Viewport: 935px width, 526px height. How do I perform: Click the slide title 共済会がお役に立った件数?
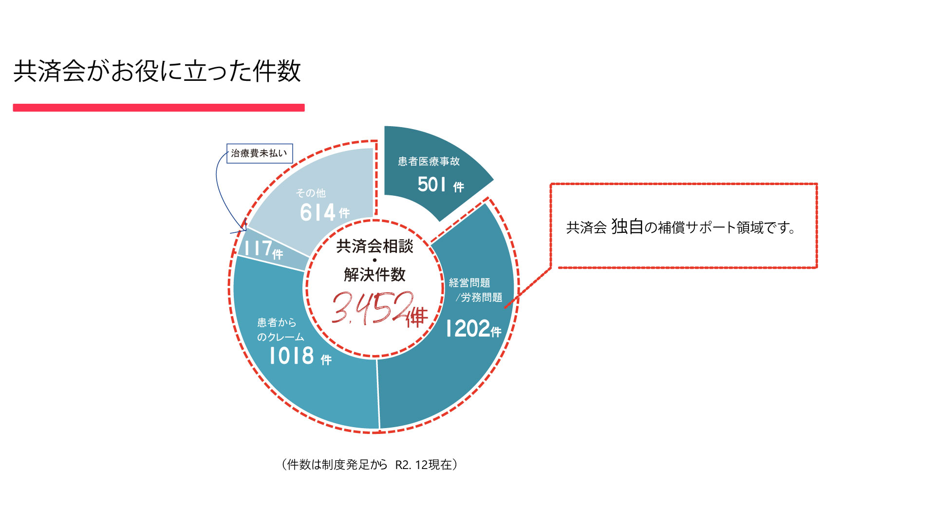pyautogui.click(x=157, y=71)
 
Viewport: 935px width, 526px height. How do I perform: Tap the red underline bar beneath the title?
pyautogui.click(x=159, y=108)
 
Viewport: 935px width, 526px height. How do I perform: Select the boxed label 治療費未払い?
pyautogui.click(x=260, y=153)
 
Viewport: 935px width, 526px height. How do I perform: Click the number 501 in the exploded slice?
pyautogui.click(x=432, y=185)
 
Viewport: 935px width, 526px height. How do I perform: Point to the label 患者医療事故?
pyautogui.click(x=429, y=161)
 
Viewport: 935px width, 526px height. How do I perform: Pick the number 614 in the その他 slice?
pyautogui.click(x=318, y=212)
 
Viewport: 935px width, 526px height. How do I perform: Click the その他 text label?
pyautogui.click(x=311, y=193)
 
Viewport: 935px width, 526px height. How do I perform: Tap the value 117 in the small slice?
pyautogui.click(x=258, y=248)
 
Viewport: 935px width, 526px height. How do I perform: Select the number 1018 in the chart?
pyautogui.click(x=292, y=356)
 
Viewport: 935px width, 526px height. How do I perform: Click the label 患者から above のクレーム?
pyautogui.click(x=277, y=322)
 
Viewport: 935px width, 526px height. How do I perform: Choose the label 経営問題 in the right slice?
pyautogui.click(x=469, y=283)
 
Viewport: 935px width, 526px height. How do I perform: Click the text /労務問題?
pyautogui.click(x=479, y=297)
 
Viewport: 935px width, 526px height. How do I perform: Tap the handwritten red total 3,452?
pyautogui.click(x=373, y=308)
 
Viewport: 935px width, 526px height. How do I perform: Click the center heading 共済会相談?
pyautogui.click(x=374, y=246)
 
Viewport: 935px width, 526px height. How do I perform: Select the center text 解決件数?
pyautogui.click(x=374, y=275)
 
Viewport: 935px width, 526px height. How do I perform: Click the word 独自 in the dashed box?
pyautogui.click(x=627, y=226)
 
